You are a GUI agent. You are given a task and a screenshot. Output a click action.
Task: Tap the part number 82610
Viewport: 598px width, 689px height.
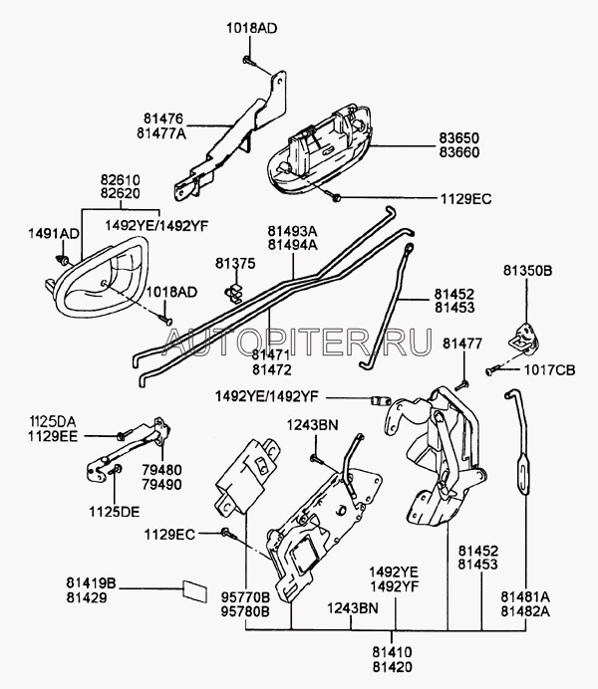pyautogui.click(x=120, y=179)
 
